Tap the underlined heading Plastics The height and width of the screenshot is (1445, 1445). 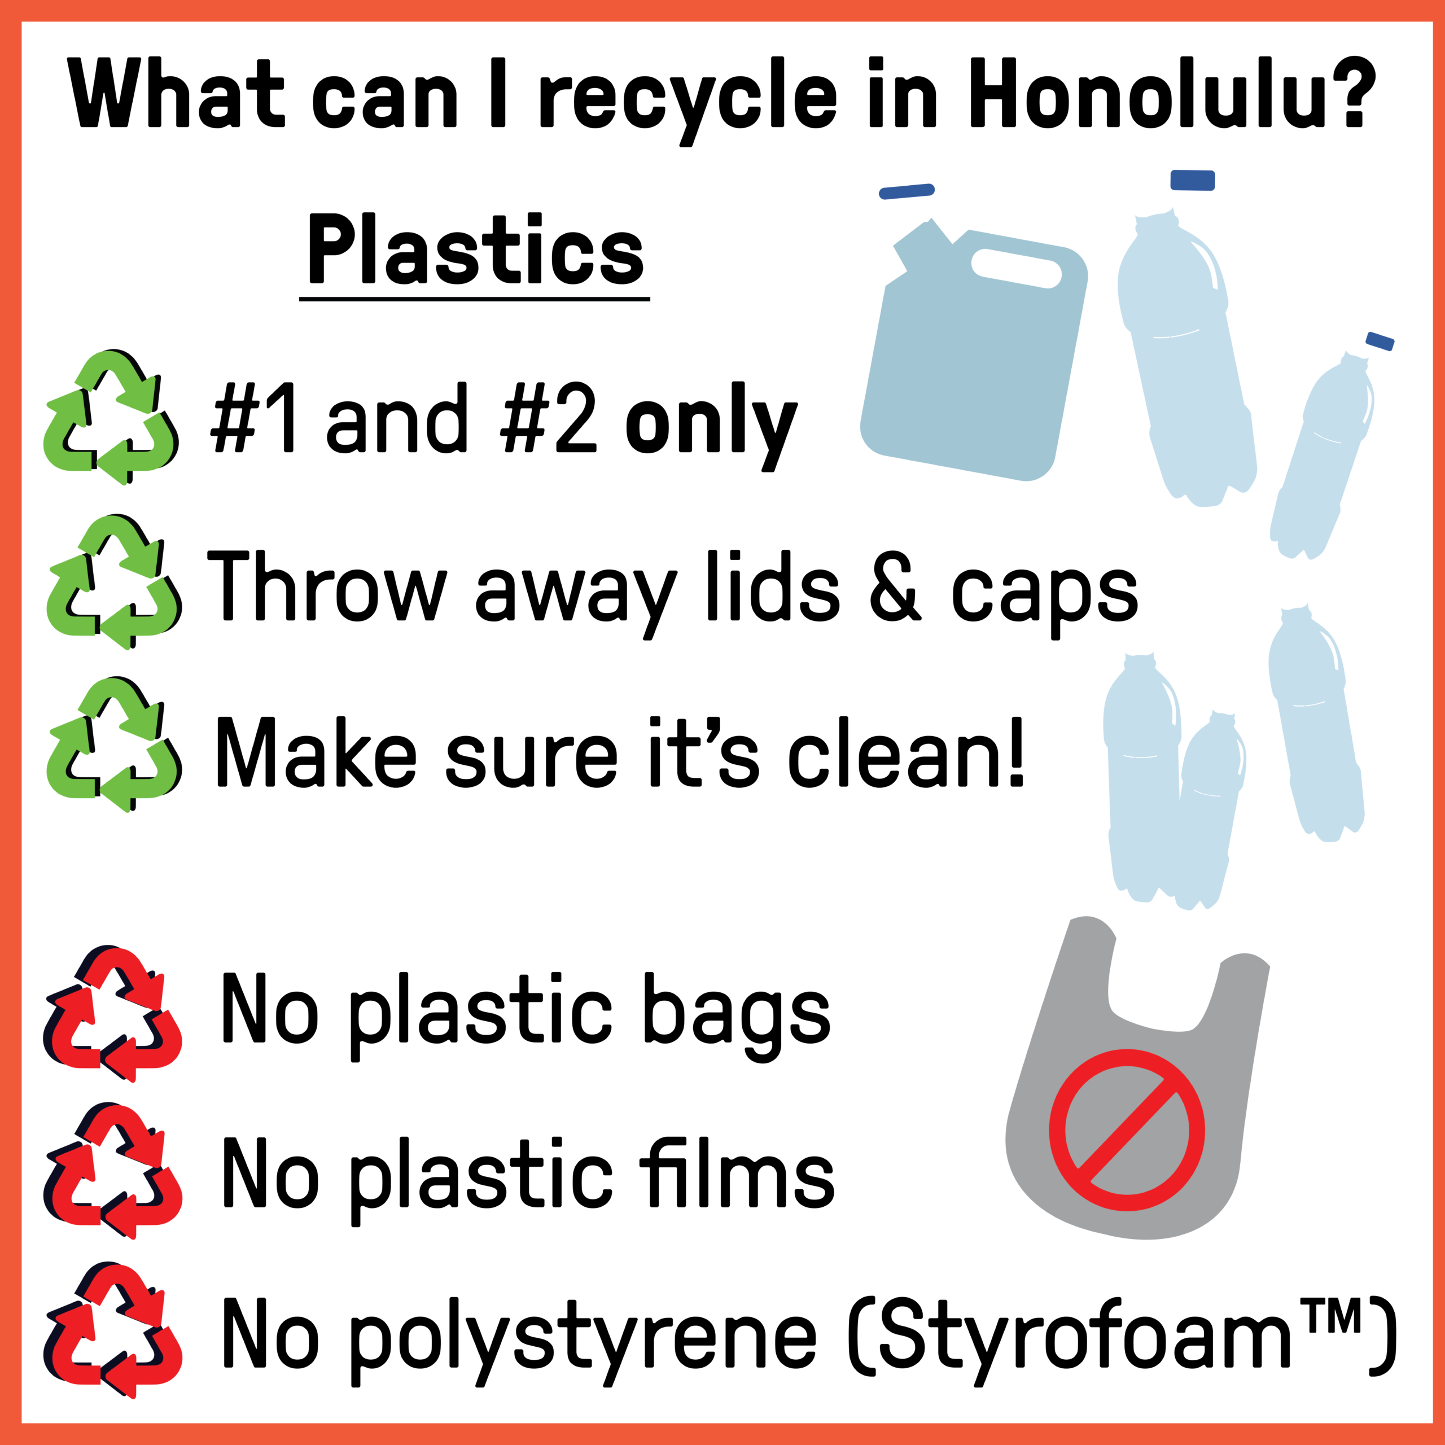(476, 250)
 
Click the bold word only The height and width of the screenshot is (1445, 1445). (711, 426)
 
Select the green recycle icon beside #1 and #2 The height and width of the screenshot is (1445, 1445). (111, 417)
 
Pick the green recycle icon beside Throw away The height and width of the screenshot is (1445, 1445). (113, 582)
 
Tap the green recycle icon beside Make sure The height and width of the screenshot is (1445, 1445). (113, 745)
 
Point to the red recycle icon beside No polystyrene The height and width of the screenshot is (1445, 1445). (113, 1330)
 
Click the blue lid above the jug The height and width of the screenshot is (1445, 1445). (907, 191)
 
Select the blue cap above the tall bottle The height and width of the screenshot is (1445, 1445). (1192, 179)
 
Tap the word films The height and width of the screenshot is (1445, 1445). (737, 1173)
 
